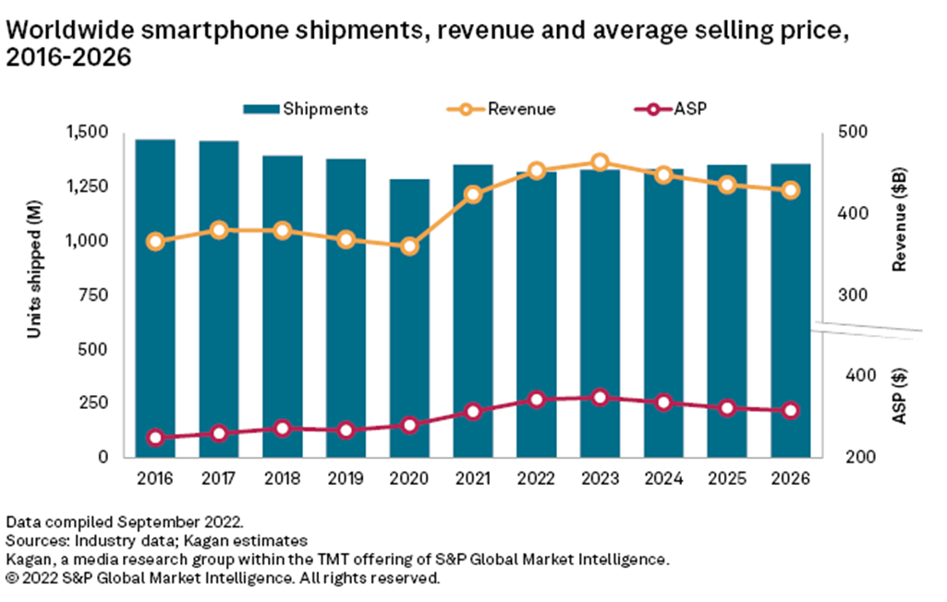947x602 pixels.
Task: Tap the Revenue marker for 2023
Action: [600, 163]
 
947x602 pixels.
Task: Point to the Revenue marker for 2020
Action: [409, 247]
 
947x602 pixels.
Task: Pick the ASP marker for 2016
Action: [155, 438]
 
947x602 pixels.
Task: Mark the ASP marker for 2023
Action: [600, 397]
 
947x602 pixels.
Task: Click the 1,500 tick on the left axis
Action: [89, 132]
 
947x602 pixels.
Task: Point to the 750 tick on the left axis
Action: [95, 295]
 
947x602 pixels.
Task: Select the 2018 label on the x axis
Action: [282, 479]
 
